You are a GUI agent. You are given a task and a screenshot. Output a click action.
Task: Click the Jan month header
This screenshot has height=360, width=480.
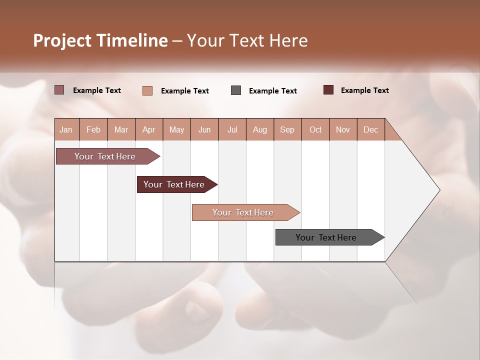point(66,130)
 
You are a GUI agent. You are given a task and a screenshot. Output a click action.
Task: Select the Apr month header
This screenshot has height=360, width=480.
point(149,130)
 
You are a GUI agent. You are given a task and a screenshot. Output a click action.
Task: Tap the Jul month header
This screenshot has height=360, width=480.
point(232,130)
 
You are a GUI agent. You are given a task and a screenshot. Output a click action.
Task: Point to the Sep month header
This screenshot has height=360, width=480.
point(287,130)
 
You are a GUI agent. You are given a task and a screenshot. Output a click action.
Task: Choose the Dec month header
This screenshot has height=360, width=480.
point(370,130)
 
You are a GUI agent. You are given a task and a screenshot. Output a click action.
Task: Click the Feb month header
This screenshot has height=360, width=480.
point(93,130)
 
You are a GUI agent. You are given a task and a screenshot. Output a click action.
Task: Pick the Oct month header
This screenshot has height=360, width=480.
point(315,130)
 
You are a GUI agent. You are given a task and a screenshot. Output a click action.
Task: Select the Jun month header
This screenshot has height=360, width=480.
point(204,130)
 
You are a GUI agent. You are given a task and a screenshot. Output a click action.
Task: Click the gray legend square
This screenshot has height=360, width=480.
point(236,90)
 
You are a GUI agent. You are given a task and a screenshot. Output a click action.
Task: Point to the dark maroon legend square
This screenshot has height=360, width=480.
point(328,90)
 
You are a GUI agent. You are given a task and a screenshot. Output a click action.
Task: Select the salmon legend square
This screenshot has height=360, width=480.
point(147,90)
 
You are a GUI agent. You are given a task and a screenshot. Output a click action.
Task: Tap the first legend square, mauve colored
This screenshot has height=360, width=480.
point(59,90)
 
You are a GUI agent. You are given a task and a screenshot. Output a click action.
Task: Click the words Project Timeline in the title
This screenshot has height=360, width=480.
point(100,40)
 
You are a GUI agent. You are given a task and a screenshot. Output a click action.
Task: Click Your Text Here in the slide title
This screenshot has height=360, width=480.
point(247,40)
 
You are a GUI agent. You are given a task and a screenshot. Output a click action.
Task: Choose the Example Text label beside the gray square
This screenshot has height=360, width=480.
point(272,91)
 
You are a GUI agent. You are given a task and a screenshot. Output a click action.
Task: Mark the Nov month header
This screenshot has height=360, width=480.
point(343,130)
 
